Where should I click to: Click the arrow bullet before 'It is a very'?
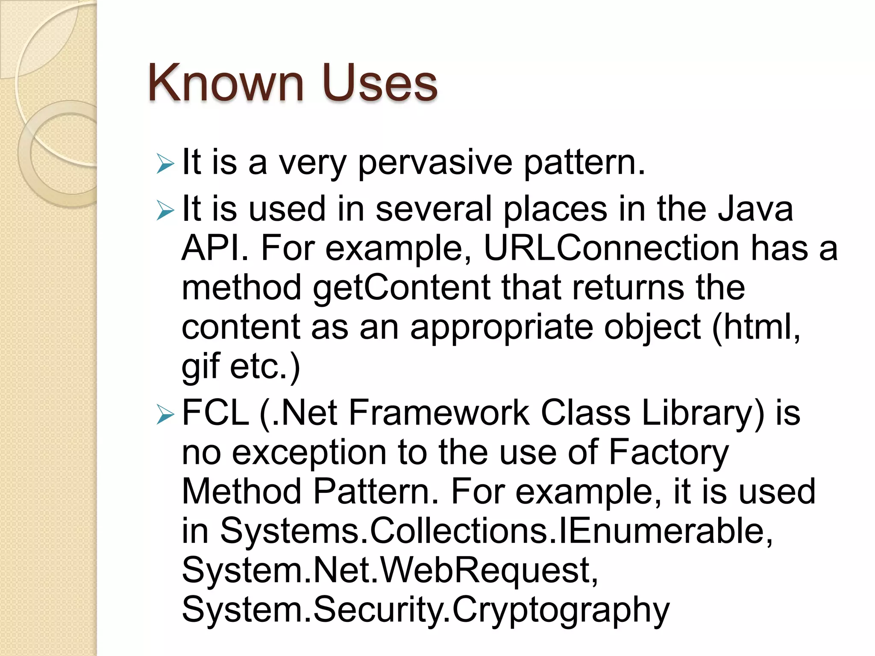[x=165, y=164]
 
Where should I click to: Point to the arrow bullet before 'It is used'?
[x=165, y=211]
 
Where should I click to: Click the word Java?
[x=755, y=209]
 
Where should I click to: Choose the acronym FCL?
[x=215, y=413]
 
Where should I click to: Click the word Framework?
[x=439, y=413]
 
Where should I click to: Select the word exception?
[x=309, y=453]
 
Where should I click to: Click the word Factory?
[x=668, y=453]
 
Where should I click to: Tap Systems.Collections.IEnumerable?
[x=496, y=531]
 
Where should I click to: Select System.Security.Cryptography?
[x=425, y=610]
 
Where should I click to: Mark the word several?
[x=434, y=209]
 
